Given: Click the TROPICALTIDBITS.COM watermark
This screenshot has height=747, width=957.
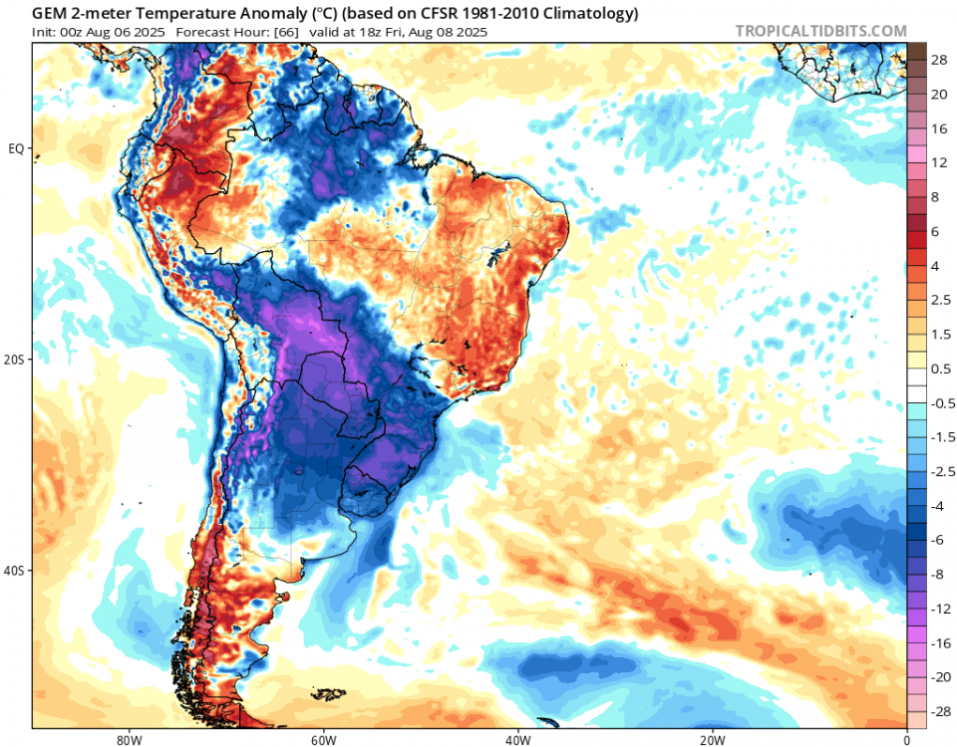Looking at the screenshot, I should point(820,31).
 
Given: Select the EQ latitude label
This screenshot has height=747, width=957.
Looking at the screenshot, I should point(17,148).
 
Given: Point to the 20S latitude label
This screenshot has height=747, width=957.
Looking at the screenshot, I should point(15,360).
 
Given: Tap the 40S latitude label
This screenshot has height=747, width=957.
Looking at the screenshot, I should point(15,571).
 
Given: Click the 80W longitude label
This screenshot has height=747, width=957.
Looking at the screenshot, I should point(125,740).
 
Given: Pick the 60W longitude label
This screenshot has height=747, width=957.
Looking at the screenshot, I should point(321,740).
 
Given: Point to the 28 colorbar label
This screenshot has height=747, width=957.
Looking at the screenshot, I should point(939,61).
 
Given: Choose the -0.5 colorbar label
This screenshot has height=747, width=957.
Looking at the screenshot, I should point(941,402).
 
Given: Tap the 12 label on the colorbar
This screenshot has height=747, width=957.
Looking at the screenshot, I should point(939,162).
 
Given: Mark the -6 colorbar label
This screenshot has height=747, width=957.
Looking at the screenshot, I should point(939,539).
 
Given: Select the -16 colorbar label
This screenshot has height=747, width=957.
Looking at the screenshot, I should point(939,642).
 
